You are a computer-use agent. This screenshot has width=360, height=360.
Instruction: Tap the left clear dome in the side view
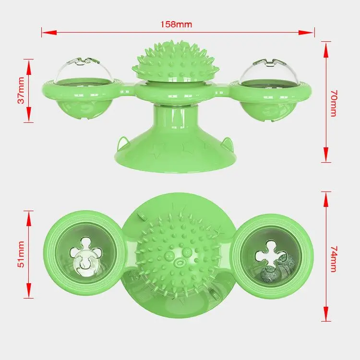pos(81,71)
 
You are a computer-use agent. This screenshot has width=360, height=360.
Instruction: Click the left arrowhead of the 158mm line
pos(45,33)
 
